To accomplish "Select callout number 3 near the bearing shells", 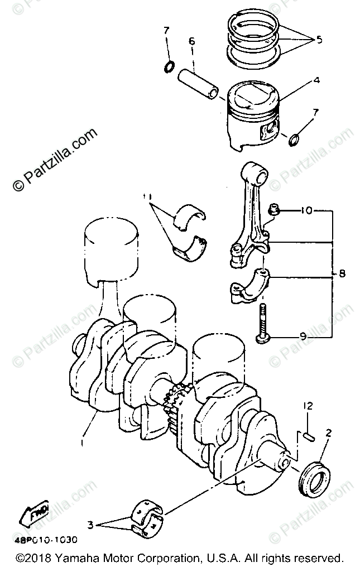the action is (x=90, y=525).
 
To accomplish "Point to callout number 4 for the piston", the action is (x=316, y=80).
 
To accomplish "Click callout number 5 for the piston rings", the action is (x=319, y=40).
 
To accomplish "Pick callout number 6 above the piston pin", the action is (x=191, y=41).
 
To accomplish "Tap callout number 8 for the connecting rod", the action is (x=342, y=274).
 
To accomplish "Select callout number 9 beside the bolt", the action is (x=303, y=337).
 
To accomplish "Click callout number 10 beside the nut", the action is (x=306, y=212).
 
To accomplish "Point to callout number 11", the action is (x=147, y=196).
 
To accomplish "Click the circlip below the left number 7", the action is (x=167, y=68).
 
